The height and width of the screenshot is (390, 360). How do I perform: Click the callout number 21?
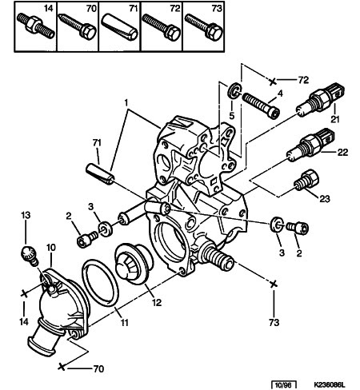(335, 119)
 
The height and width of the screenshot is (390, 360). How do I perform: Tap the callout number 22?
(342, 152)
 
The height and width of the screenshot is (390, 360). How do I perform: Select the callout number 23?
(325, 199)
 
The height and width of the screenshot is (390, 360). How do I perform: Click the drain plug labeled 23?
(306, 181)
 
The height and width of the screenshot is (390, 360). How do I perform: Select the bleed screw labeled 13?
(30, 255)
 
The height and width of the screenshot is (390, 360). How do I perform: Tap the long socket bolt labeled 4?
(261, 105)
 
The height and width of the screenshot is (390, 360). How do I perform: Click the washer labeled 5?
(234, 91)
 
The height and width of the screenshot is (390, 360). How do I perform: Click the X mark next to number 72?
(272, 82)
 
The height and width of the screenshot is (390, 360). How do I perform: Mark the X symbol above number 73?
(273, 285)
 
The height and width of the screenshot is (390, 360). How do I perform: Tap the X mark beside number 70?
(62, 367)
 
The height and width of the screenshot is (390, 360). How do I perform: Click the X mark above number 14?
(24, 294)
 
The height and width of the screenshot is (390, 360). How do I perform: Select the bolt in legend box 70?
(78, 26)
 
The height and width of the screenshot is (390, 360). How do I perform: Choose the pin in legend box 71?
(119, 27)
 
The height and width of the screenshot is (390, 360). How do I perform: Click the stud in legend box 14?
(36, 26)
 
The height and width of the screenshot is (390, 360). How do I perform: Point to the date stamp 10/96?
(284, 385)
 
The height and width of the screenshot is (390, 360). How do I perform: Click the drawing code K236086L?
(329, 385)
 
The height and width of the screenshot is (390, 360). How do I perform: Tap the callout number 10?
(51, 248)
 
